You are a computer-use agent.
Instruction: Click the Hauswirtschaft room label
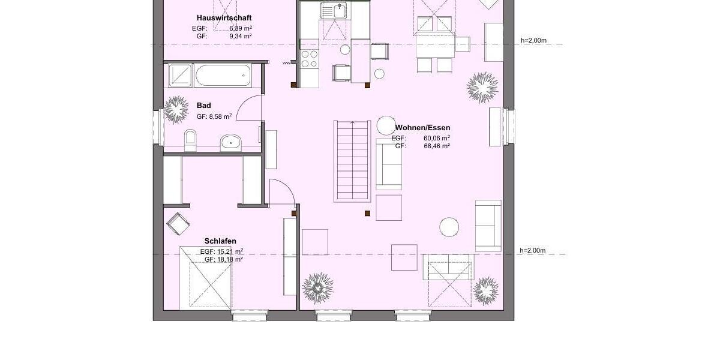point(220,18)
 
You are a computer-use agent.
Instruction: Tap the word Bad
point(204,106)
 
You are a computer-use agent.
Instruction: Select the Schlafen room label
point(220,241)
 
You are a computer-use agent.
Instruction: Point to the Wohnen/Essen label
point(422,128)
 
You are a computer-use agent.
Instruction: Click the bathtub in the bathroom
point(222,76)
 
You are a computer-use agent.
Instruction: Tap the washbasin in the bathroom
point(230,142)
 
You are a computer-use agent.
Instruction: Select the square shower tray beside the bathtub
point(179,75)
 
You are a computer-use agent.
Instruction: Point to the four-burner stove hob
point(309,58)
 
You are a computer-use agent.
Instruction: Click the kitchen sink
point(334,10)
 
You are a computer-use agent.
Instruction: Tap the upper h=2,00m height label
point(533,41)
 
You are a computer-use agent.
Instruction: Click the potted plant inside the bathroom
point(176,109)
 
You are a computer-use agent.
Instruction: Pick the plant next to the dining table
point(482,88)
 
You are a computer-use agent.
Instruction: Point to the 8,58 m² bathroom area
point(220,117)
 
